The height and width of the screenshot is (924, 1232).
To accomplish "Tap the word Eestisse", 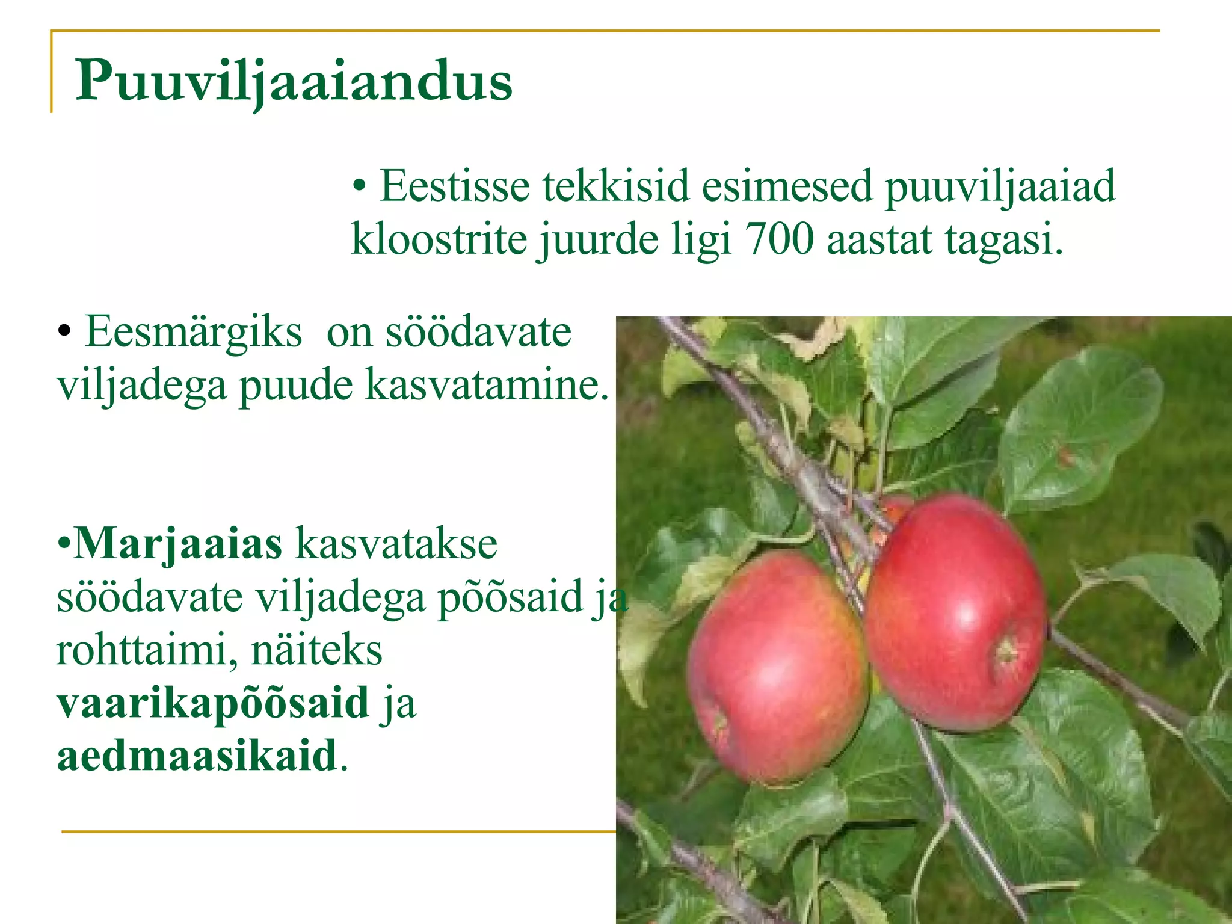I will point(455,186).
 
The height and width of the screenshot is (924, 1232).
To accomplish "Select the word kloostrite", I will point(439,239).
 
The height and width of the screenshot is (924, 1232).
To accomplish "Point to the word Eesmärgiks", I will point(193,332).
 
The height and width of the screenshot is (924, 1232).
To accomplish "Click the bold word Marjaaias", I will point(177,543).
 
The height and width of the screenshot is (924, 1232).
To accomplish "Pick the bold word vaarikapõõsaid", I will point(213,702).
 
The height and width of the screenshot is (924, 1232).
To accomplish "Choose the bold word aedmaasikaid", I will point(197,755).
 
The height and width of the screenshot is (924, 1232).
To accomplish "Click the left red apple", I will point(776,668).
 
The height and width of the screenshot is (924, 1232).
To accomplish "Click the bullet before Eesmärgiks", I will point(64,333).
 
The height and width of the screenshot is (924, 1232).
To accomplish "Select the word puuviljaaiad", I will point(1000,187).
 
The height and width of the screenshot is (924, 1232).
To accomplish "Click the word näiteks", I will point(316,650).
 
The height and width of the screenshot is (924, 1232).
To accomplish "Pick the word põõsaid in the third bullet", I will point(511,597).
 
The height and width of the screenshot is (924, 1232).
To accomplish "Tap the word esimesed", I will point(787,186).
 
